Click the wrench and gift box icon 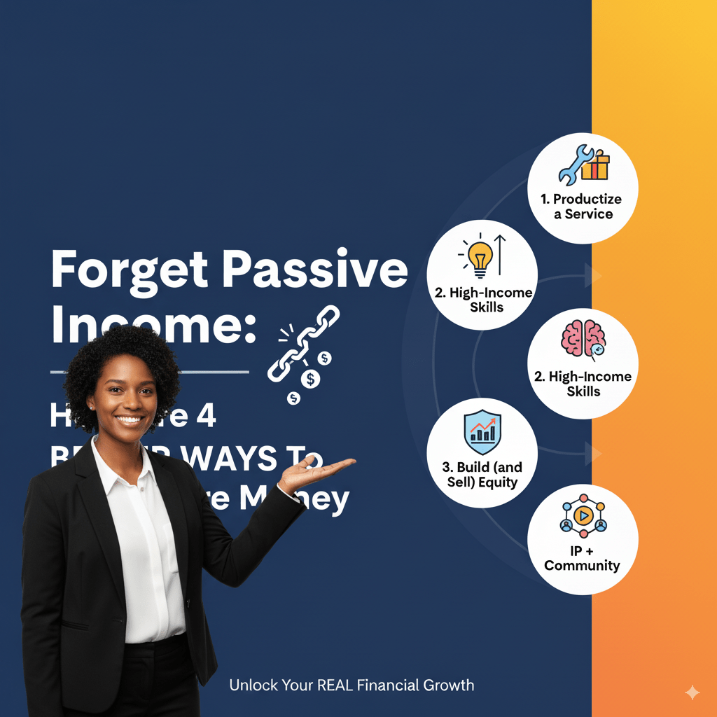[583, 165]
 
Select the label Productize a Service [582, 207]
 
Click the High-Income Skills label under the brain [583, 384]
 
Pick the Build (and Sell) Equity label [482, 474]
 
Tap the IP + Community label [582, 558]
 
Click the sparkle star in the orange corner [692, 693]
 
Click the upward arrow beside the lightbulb [500, 254]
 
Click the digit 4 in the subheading [204, 417]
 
